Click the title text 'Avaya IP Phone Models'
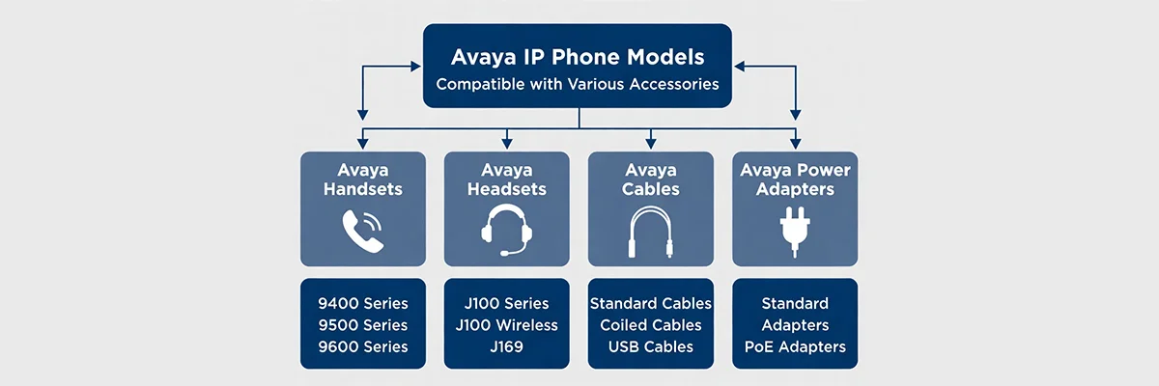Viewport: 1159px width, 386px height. coord(578,57)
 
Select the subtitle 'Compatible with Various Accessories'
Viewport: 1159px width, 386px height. coord(578,84)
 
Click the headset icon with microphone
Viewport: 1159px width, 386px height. coord(506,230)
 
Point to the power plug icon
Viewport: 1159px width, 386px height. coord(795,232)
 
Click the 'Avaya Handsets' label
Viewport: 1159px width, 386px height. coord(363,179)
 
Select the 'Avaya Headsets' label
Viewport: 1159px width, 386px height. coord(506,179)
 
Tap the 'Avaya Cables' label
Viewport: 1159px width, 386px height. coord(650,179)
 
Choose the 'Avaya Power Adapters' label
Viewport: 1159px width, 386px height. coord(795,179)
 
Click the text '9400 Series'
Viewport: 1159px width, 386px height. coord(363,303)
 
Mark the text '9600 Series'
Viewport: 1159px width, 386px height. coord(363,346)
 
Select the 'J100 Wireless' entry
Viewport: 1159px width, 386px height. coord(506,325)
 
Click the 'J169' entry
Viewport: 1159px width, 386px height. coord(506,346)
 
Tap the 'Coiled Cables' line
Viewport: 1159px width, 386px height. coord(650,325)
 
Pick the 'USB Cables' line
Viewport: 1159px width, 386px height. coord(650,346)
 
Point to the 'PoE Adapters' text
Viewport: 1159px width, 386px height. coord(795,346)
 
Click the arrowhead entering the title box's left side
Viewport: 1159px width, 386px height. coord(415,67)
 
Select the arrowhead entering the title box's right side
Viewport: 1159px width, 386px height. coord(740,67)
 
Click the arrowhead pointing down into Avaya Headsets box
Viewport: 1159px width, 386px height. coord(507,144)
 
